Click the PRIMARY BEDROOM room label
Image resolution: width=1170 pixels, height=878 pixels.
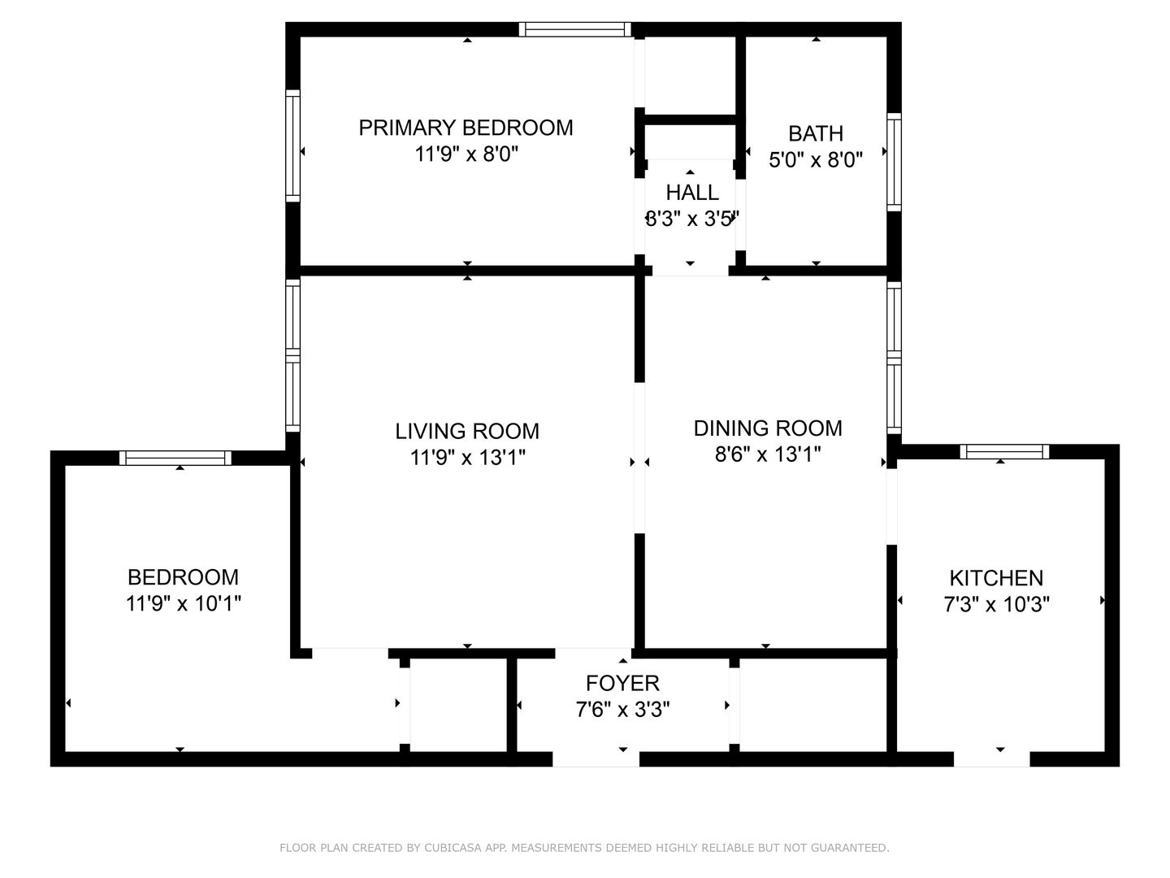(466, 128)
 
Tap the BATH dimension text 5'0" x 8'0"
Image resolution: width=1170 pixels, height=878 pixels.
(816, 159)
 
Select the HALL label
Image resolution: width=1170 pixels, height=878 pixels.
(692, 192)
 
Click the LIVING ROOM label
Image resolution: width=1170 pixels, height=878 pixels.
(467, 431)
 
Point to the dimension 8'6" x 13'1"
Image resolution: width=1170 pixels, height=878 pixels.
(768, 454)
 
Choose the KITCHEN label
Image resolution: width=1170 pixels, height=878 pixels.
(996, 578)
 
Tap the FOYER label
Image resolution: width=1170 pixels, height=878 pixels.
(622, 683)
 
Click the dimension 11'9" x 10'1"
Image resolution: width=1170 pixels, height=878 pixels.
(184, 603)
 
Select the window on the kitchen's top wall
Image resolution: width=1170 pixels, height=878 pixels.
(1004, 451)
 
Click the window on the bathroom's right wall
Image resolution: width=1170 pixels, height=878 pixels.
(894, 162)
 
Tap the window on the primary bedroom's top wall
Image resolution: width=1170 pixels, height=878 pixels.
(575, 29)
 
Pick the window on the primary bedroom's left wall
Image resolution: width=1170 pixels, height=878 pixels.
(292, 146)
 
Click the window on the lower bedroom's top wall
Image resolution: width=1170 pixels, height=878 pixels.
(175, 458)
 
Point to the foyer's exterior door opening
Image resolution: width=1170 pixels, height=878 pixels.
(596, 759)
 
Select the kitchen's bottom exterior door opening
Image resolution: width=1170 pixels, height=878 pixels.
(991, 759)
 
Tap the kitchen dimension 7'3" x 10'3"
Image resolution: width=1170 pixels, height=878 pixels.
(996, 605)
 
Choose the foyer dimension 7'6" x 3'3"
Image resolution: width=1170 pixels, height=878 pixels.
(622, 710)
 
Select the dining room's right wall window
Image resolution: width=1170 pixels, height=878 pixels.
(894, 358)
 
